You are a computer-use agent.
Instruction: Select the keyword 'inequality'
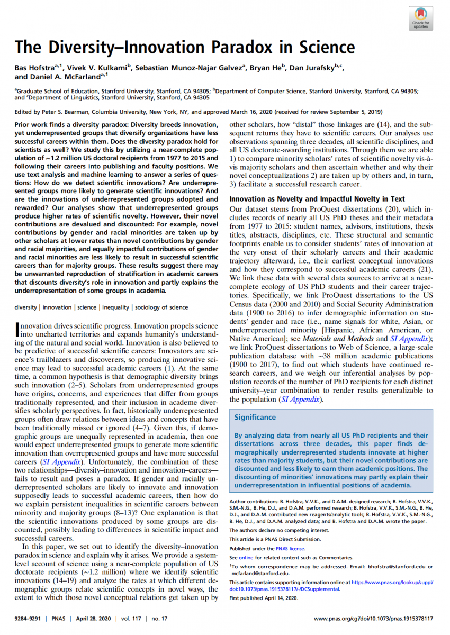pos(115,307)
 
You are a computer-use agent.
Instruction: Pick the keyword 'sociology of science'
pos(161,307)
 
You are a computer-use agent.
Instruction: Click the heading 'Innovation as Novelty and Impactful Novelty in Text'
pos(317,199)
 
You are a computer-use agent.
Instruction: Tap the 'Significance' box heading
pos(255,417)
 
